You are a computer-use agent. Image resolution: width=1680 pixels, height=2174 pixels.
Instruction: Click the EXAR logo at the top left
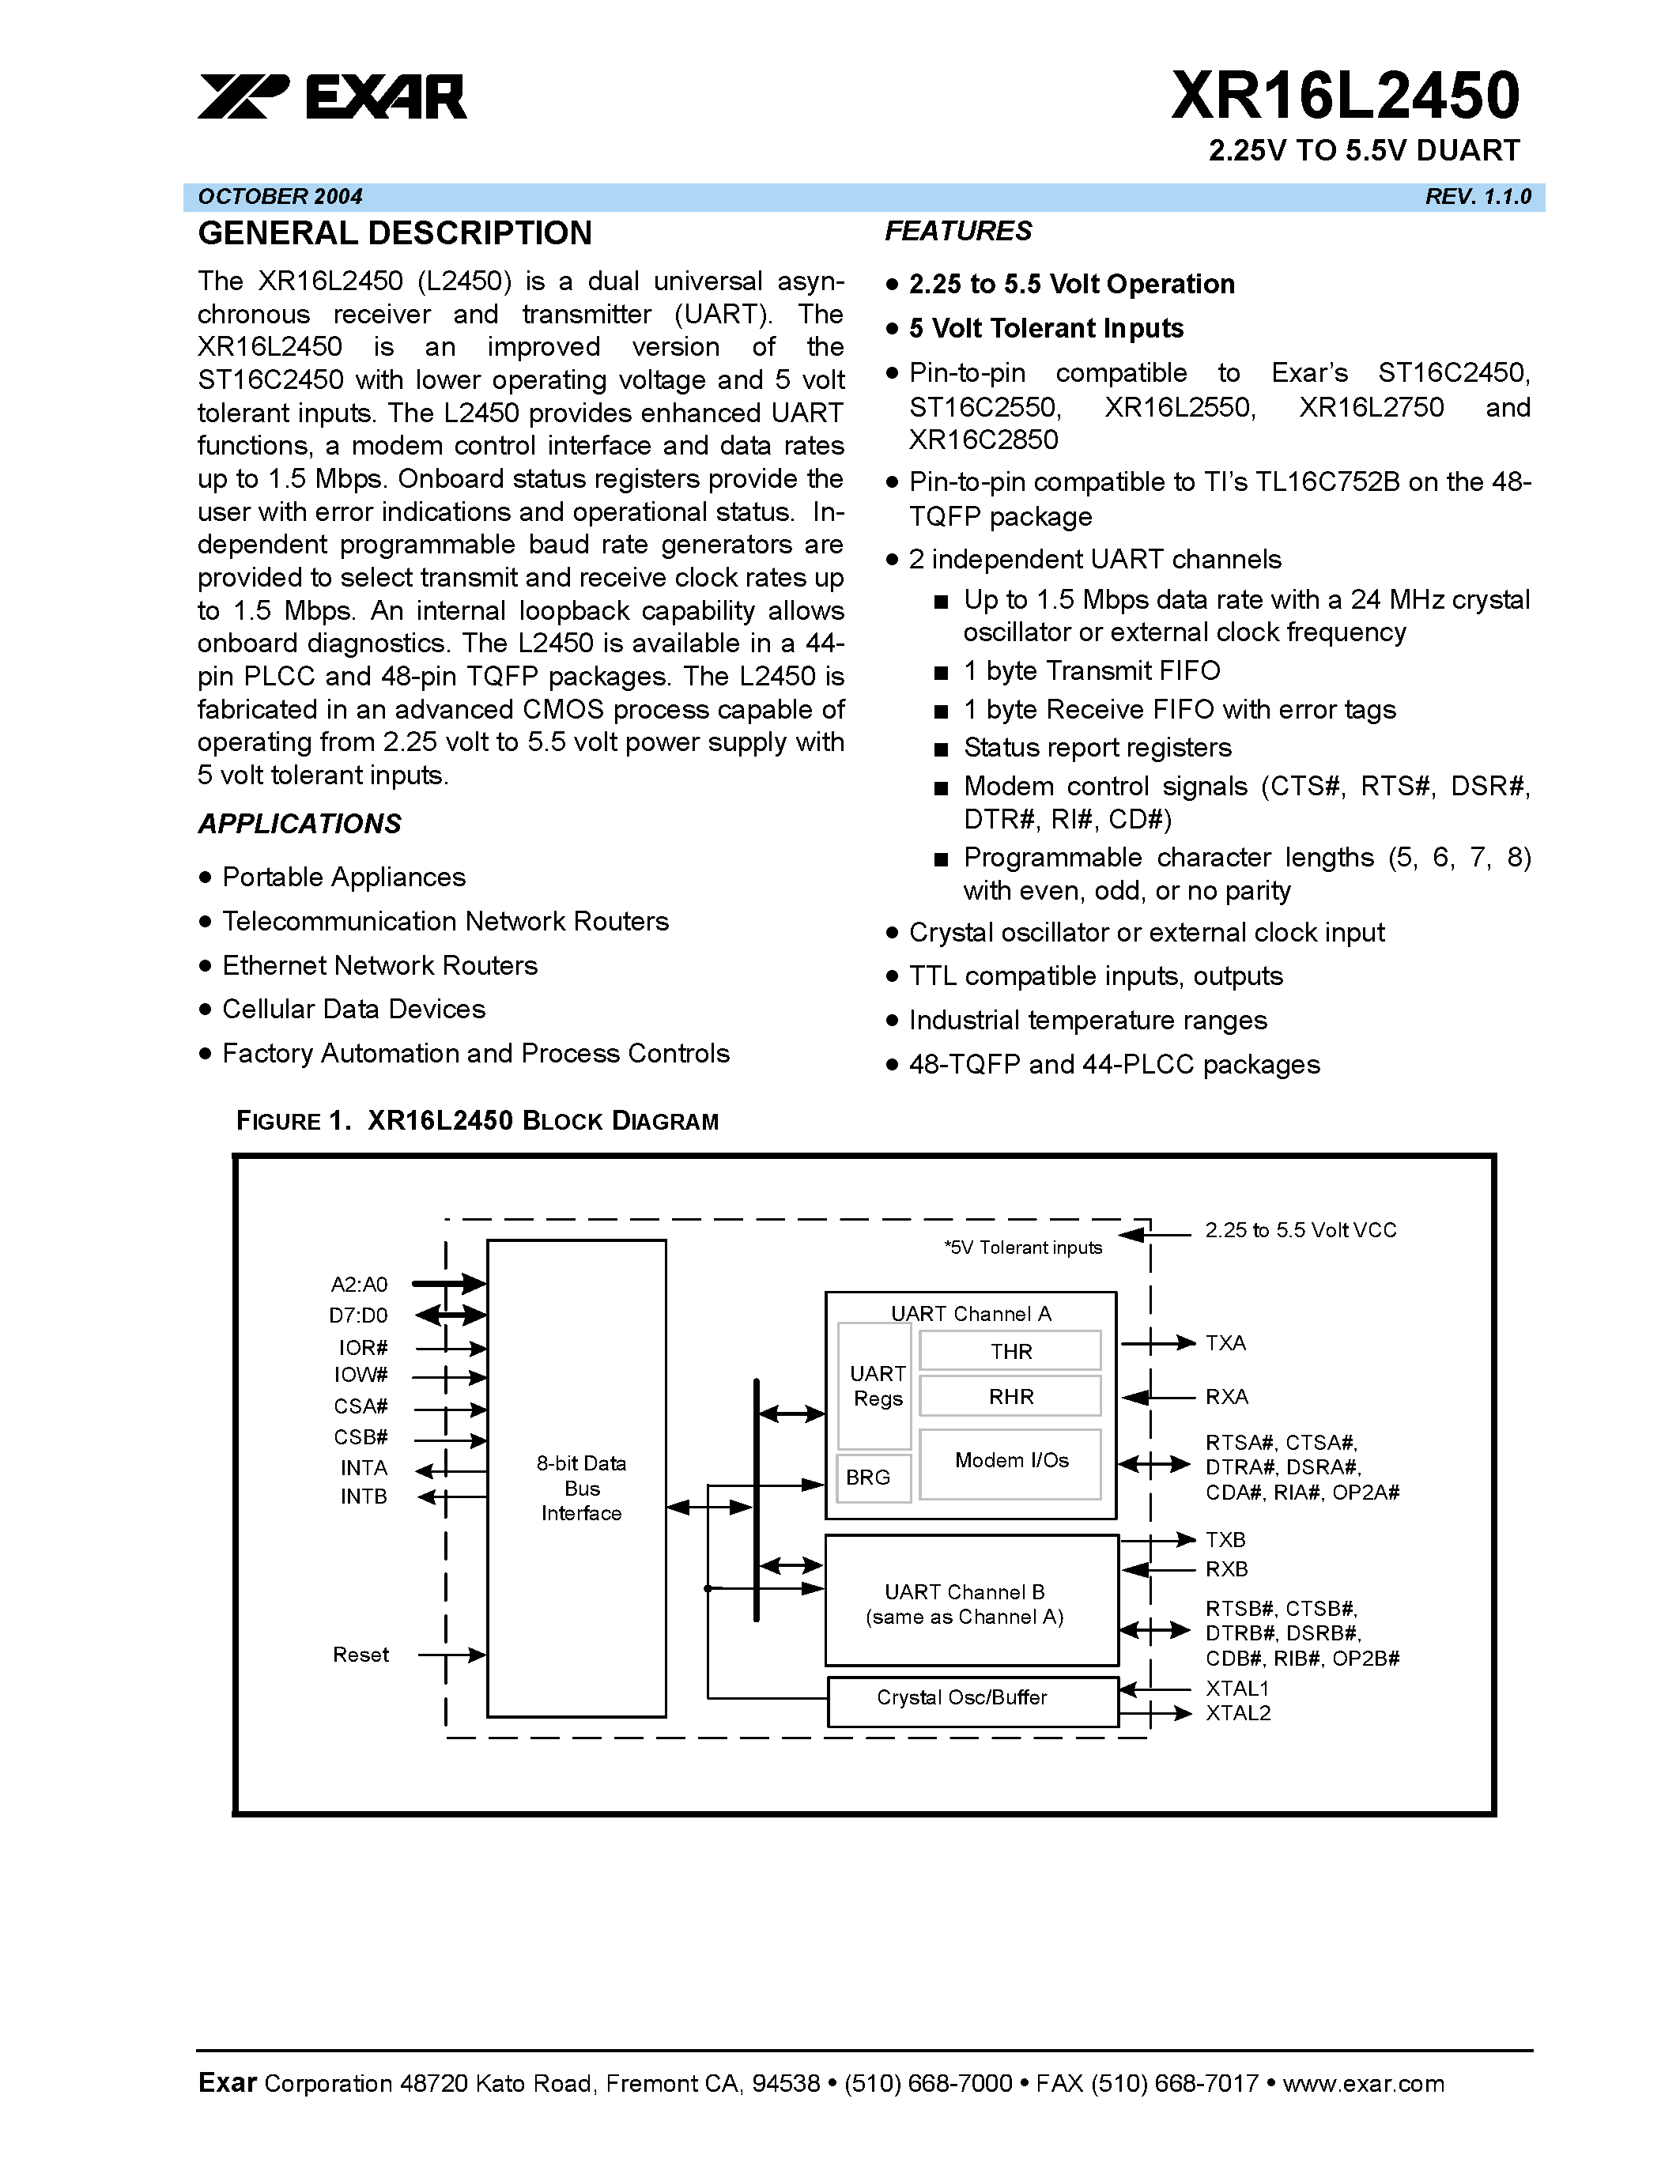331,97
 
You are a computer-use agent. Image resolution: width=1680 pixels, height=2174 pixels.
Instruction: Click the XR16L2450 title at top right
1345,96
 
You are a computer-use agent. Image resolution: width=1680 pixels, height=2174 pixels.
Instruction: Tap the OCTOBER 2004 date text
280,197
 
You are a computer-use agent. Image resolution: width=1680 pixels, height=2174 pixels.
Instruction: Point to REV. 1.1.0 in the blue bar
1477,197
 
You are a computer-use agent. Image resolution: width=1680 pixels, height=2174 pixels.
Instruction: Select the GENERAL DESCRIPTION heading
395,234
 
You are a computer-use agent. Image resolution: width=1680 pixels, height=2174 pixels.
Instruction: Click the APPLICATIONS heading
300,825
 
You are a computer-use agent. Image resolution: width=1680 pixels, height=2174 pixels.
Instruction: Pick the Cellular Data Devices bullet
353,1010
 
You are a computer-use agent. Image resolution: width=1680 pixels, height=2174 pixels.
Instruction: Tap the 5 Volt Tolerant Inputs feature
1045,329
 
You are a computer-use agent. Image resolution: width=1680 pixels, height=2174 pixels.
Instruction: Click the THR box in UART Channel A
1010,1352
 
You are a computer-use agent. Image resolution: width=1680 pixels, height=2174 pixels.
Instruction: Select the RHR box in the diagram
1010,1397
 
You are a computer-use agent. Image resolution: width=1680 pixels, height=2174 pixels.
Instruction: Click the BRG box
868,1478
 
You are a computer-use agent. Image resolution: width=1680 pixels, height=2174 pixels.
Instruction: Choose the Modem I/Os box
1010,1461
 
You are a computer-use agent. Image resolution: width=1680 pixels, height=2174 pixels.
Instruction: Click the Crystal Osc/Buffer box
961,1698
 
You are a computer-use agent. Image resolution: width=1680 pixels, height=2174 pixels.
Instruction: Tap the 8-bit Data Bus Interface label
581,1488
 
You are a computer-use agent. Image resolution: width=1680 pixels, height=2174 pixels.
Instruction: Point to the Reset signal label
361,1655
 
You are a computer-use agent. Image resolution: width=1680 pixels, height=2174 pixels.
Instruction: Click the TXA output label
1225,1344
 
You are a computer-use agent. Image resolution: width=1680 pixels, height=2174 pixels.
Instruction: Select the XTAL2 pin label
1237,1713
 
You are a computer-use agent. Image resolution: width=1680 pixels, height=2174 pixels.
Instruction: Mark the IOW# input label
361,1376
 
